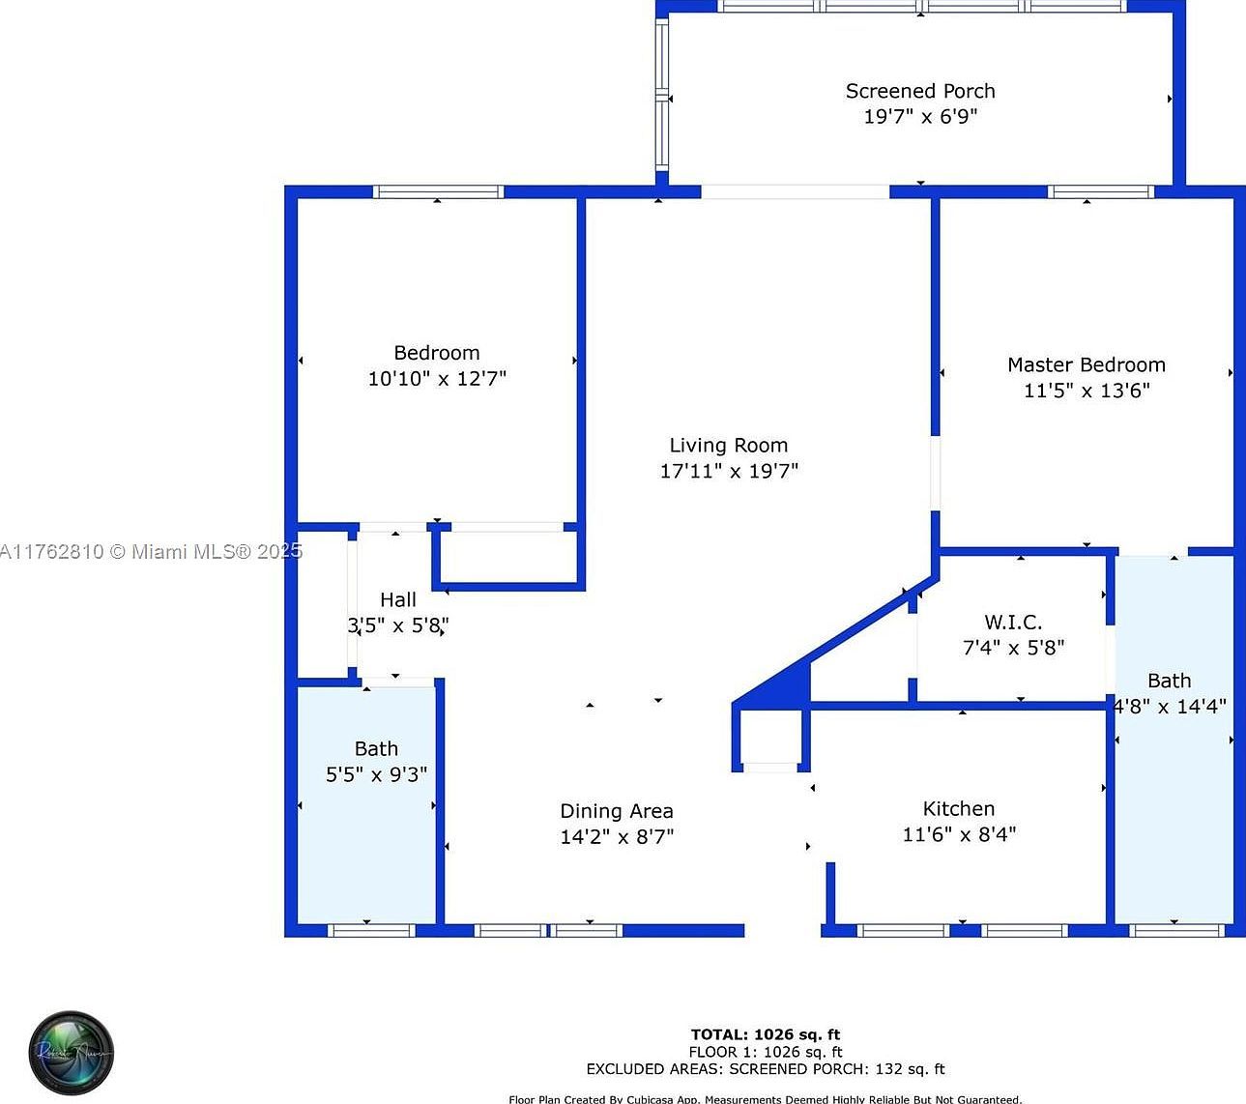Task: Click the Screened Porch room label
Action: pyautogui.click(x=920, y=91)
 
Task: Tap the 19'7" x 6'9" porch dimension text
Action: pyautogui.click(x=920, y=116)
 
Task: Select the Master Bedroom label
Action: pyautogui.click(x=1087, y=364)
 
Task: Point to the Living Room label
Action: pyautogui.click(x=729, y=446)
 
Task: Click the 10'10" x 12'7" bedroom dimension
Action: pyautogui.click(x=437, y=378)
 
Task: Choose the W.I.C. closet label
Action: pyautogui.click(x=1013, y=623)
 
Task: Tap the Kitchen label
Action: pyautogui.click(x=958, y=809)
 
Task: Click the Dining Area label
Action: pyautogui.click(x=617, y=811)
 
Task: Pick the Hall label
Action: pyautogui.click(x=398, y=600)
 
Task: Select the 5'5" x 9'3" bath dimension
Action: pyautogui.click(x=376, y=774)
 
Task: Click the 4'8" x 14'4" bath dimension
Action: pyautogui.click(x=1171, y=706)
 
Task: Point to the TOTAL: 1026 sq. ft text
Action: pyautogui.click(x=766, y=1034)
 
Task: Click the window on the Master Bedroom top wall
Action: pyautogui.click(x=1102, y=191)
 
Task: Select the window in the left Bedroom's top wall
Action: pyautogui.click(x=439, y=191)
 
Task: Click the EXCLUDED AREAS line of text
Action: pyautogui.click(x=766, y=1069)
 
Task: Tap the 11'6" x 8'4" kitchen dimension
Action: pyautogui.click(x=959, y=834)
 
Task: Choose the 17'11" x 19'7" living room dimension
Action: pyautogui.click(x=729, y=471)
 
